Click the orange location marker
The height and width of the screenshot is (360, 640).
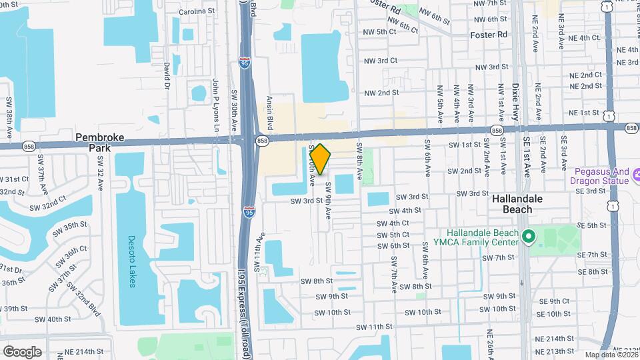pyautogui.click(x=320, y=159)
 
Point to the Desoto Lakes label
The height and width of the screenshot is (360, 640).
pyautogui.click(x=131, y=261)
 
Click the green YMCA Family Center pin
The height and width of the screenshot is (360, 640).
pyautogui.click(x=529, y=237)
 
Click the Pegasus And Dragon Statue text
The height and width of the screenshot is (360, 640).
pyautogui.click(x=599, y=175)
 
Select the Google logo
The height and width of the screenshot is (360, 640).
pyautogui.click(x=21, y=351)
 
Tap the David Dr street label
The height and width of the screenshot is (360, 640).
pyautogui.click(x=166, y=75)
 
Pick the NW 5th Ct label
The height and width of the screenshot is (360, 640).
pyautogui.click(x=377, y=31)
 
